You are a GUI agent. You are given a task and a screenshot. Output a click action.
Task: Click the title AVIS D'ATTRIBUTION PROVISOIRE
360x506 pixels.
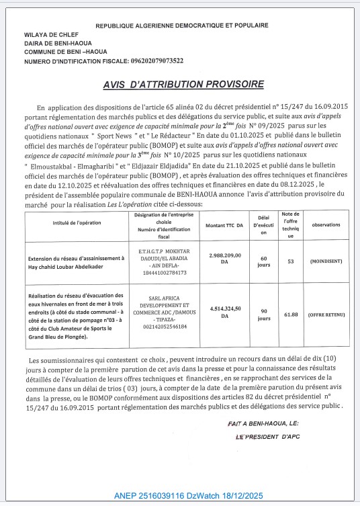pos(183,85)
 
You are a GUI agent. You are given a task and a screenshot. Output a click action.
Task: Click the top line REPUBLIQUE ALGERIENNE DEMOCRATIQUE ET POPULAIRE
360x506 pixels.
pos(182,26)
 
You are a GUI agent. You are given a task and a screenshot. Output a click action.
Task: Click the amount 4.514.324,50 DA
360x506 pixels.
pos(224,310)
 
